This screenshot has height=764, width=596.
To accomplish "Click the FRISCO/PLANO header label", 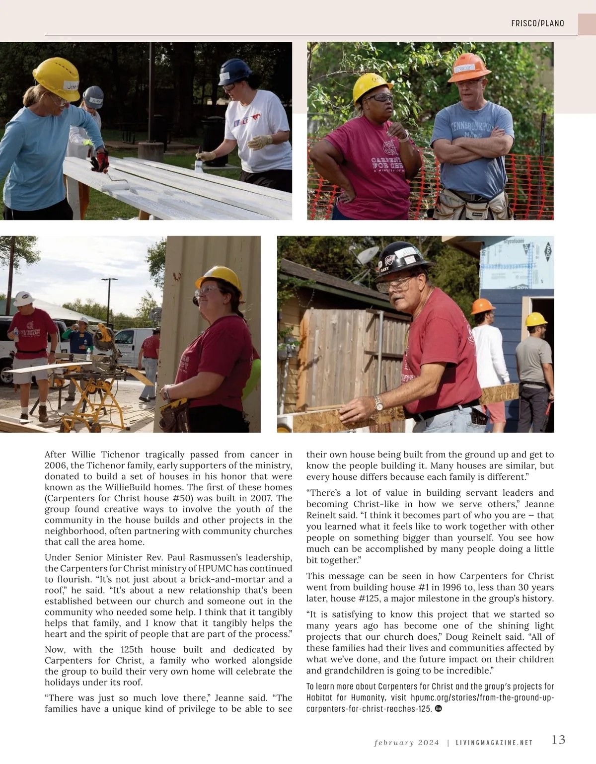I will coord(537,23).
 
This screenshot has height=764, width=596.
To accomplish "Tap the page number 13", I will coord(558,740).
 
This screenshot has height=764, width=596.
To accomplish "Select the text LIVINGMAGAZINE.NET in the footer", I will coord(495,743).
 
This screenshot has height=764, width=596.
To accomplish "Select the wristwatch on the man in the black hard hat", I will coord(379,403).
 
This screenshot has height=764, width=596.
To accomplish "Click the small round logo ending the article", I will coord(438,708).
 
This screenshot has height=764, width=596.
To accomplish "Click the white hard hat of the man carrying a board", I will coord(23,298).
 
